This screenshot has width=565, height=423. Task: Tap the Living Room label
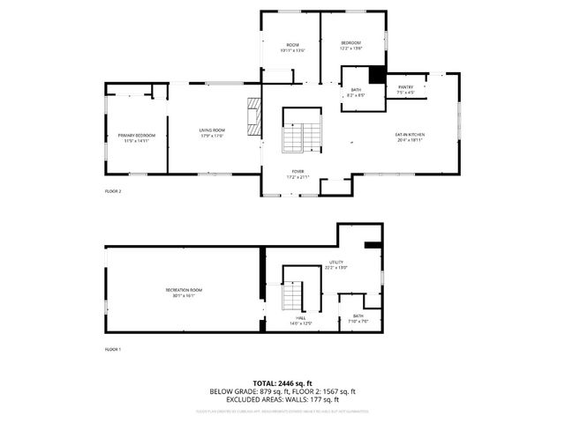[212, 132]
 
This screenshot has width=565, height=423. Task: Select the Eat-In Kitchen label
[410, 137]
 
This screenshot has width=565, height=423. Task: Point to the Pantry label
[405, 89]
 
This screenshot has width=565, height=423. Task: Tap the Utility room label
[336, 264]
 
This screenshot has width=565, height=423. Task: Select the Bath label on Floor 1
[358, 318]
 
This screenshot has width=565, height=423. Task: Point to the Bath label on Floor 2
[356, 93]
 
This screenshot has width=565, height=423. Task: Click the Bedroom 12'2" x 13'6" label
[351, 45]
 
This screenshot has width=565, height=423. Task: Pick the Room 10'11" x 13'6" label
[292, 48]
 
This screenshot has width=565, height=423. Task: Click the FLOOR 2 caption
[113, 191]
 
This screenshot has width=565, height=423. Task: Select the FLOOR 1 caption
[113, 351]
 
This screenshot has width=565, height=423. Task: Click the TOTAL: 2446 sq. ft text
[282, 382]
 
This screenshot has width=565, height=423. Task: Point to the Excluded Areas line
[282, 400]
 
